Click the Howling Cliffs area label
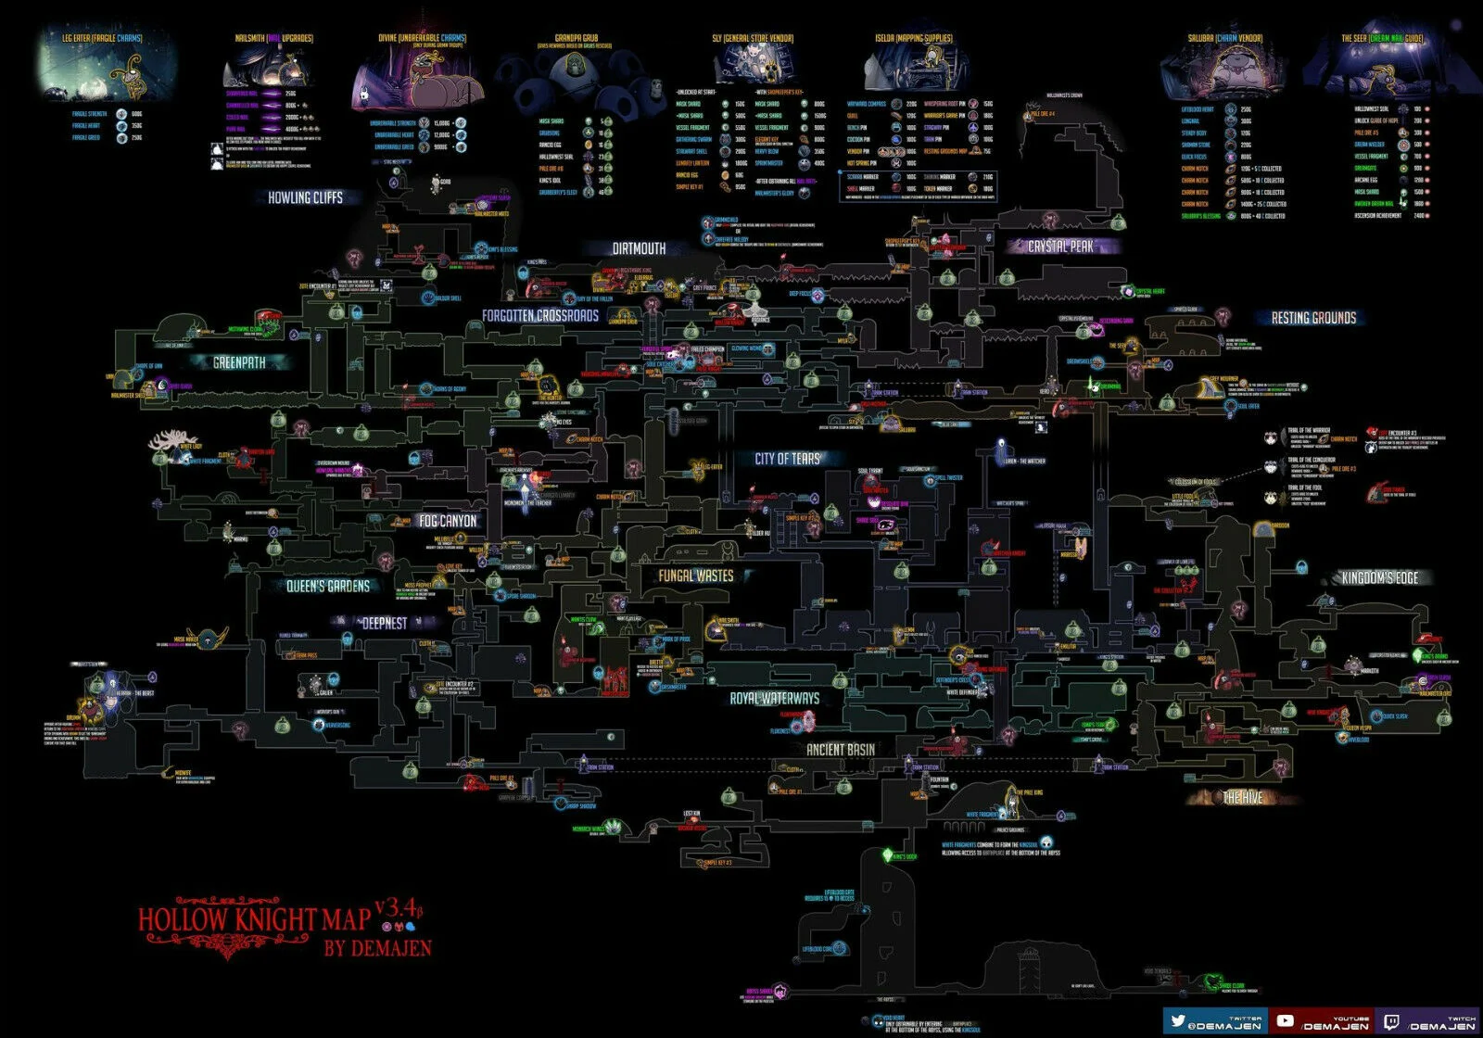tap(305, 197)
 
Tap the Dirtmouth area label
tap(639, 248)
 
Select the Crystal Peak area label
tap(1060, 247)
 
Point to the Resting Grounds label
tap(1313, 318)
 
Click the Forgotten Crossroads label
tap(540, 316)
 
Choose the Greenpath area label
tap(239, 363)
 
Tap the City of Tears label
tap(787, 459)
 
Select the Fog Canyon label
tap(448, 522)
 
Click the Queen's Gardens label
tap(327, 587)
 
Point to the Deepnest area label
tap(384, 624)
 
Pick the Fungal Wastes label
tap(695, 576)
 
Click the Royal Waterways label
tap(774, 699)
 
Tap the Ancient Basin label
tap(840, 749)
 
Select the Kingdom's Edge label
tap(1380, 578)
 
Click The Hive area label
tap(1242, 798)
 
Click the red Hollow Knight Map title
tap(255, 919)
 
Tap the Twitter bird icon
tap(1178, 1020)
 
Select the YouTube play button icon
tap(1286, 1020)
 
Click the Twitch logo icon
tap(1391, 1021)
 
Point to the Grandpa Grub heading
tap(576, 39)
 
